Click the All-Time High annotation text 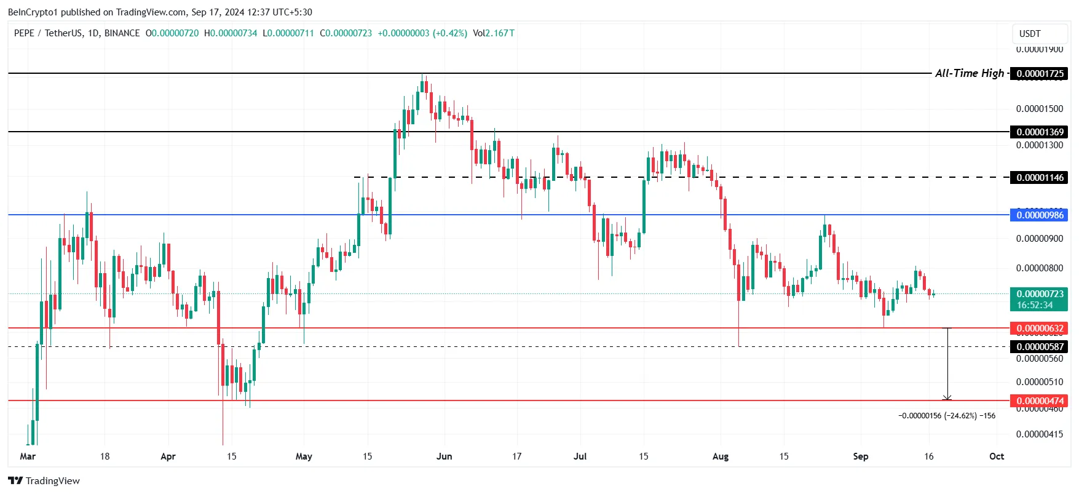(969, 73)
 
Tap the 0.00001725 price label (1040, 74)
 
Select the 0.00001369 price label (1040, 132)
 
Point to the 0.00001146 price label (1040, 178)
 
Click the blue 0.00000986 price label (1040, 215)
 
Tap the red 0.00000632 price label (1040, 329)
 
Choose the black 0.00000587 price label (1040, 346)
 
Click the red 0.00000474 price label (1040, 401)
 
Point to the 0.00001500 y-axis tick (1040, 109)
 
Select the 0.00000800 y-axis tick (1040, 268)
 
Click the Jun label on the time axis (444, 456)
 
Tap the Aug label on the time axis (721, 456)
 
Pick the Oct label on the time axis (997, 456)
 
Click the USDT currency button (1030, 34)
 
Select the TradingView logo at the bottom (44, 480)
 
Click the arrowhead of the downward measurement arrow (947, 398)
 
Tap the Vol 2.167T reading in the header (494, 33)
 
